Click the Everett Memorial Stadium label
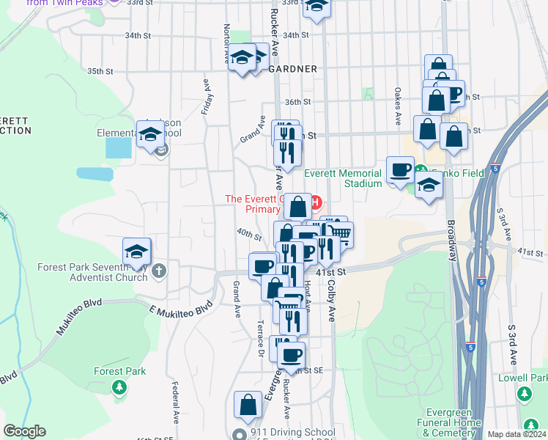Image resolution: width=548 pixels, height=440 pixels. pos(343,178)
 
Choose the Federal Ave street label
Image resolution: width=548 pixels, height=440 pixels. pos(176,401)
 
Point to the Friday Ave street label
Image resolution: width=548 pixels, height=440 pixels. pos(207,95)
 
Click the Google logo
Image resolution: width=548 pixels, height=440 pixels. pos(24,431)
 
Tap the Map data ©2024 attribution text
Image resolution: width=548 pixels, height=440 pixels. pos(516,434)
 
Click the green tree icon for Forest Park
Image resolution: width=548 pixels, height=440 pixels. pos(119,386)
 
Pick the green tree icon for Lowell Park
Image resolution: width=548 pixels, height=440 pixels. pos(524,395)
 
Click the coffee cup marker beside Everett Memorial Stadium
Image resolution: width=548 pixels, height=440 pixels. pos(400,169)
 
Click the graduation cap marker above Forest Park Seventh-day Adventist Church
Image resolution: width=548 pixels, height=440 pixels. pos(136,251)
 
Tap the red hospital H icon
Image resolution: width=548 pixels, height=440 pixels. pos(316,202)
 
